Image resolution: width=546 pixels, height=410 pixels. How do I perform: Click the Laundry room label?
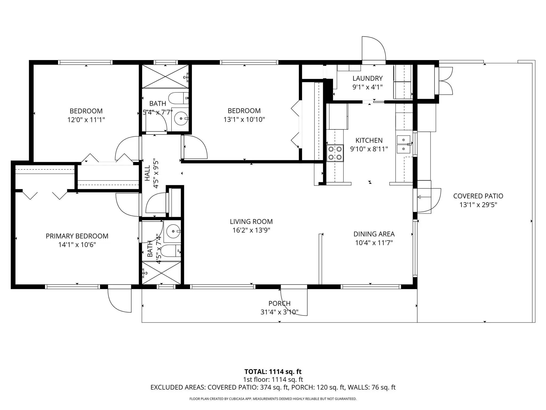367,78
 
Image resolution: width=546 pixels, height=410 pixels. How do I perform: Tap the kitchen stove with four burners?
335,153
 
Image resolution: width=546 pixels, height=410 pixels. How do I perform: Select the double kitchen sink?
403,144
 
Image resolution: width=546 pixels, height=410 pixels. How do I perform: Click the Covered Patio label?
478,196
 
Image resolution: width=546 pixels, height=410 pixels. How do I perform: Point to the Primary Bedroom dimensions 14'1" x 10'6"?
77,245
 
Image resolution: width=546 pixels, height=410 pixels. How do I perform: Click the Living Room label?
251,222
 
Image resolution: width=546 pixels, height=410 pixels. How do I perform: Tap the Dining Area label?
374,234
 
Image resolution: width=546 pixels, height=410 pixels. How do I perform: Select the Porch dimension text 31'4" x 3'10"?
279,312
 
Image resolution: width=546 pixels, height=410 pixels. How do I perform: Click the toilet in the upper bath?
179,98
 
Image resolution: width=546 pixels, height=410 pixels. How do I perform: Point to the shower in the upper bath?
165,76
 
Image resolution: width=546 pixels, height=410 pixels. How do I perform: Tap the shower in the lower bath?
162,273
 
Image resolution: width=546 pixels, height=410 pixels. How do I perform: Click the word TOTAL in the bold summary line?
256,372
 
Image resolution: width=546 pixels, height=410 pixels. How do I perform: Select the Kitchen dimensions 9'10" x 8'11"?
369,149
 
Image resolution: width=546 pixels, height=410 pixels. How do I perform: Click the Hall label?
147,173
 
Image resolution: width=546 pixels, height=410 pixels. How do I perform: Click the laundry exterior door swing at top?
374,48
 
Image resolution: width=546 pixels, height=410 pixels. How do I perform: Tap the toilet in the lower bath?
171,251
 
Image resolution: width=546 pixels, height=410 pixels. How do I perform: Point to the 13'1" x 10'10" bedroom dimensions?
244,119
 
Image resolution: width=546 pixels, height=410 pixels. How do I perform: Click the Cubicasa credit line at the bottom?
273,399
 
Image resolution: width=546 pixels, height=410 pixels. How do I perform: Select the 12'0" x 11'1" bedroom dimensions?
86,120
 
